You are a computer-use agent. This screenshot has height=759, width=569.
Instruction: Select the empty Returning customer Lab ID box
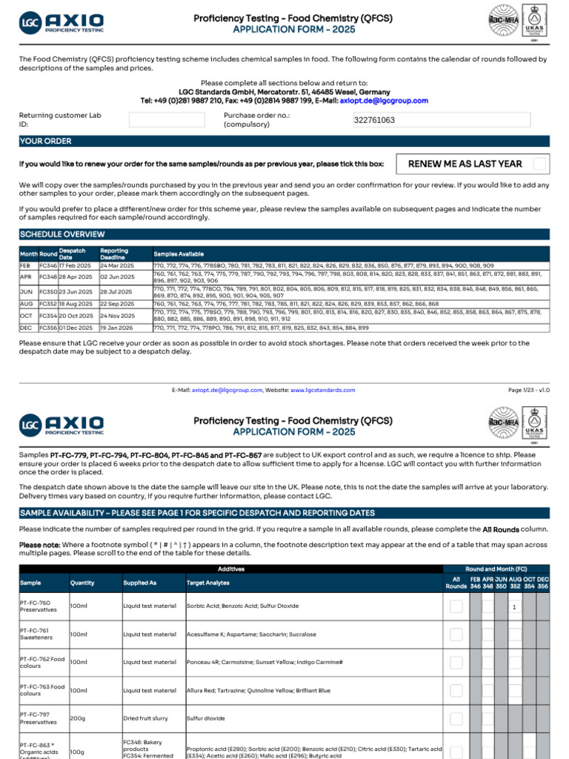[166, 120]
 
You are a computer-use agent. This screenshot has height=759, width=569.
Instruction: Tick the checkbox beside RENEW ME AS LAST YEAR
[540, 164]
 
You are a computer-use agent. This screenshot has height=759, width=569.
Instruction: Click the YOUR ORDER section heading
[46, 141]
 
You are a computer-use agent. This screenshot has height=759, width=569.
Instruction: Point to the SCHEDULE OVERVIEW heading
[61, 234]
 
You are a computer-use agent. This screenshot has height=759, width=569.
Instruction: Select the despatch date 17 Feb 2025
[76, 265]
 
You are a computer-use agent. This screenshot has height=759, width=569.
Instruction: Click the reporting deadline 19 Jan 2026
[117, 328]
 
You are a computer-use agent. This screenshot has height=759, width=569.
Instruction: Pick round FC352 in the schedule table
[47, 304]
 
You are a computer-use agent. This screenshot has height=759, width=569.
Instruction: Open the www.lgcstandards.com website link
[322, 390]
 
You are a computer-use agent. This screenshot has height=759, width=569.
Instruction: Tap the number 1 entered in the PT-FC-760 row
[513, 607]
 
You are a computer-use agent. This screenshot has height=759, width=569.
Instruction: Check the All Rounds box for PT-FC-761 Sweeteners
[456, 634]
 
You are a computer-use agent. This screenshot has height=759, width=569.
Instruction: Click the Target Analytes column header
[208, 583]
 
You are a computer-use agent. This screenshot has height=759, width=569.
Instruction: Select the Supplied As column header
[140, 583]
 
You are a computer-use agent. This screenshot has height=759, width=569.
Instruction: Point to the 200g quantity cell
[78, 717]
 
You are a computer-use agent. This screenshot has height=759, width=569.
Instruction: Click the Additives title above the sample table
[230, 569]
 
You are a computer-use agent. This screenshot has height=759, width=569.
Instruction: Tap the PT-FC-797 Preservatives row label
[38, 717]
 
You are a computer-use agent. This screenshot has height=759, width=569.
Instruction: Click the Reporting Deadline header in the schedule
[114, 253]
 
